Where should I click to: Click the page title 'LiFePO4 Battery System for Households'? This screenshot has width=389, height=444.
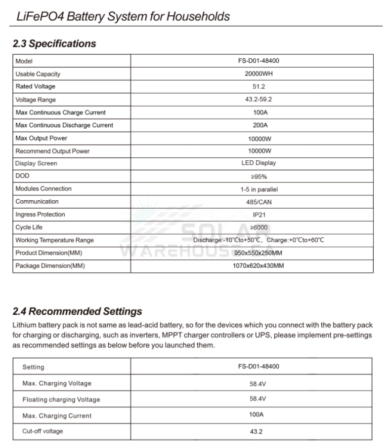(x=123, y=16)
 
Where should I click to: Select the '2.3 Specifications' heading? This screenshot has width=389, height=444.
(x=54, y=43)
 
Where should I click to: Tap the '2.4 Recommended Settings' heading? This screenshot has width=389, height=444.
(x=77, y=311)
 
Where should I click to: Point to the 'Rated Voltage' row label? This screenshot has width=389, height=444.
(x=36, y=87)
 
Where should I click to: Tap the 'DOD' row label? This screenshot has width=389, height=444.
(x=23, y=176)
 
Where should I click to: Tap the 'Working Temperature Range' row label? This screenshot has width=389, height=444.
(x=54, y=240)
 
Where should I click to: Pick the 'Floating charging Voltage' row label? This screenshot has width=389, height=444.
(x=61, y=400)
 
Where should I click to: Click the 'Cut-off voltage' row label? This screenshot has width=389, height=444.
(x=43, y=431)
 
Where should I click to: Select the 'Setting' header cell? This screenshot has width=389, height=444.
(x=33, y=367)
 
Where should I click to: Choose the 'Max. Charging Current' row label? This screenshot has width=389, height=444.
(x=57, y=416)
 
